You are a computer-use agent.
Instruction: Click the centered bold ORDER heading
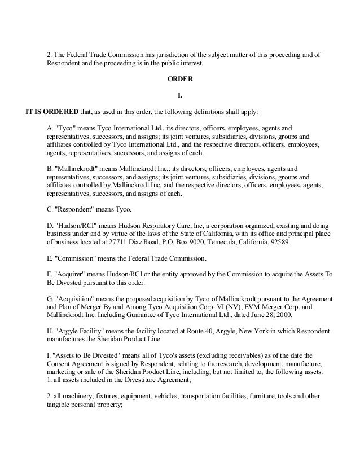(180, 80)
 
